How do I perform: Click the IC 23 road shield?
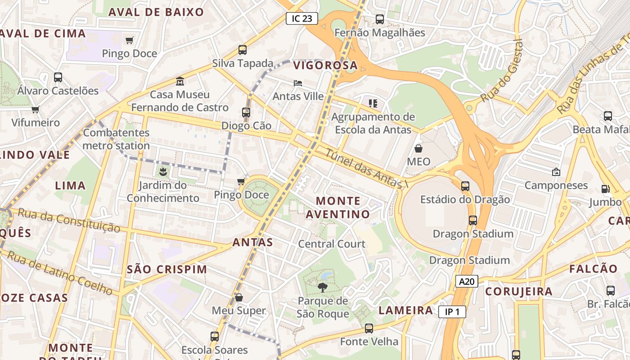click(302, 18)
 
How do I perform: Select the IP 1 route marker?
click(452, 312)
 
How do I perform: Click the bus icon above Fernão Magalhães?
click(380, 19)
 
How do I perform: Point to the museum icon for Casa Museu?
click(180, 81)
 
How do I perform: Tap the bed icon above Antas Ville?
click(298, 83)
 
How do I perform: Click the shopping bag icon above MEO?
click(418, 148)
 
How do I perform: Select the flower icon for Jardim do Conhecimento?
click(162, 171)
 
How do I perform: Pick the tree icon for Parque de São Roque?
click(323, 287)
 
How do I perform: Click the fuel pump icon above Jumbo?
click(606, 189)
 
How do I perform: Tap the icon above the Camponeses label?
click(556, 172)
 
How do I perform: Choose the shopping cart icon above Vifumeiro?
click(36, 109)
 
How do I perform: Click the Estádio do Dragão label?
click(465, 199)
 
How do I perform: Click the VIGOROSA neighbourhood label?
click(325, 66)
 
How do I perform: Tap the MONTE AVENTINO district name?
click(338, 207)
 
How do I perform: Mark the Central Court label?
click(332, 244)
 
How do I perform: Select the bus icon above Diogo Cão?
click(246, 112)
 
